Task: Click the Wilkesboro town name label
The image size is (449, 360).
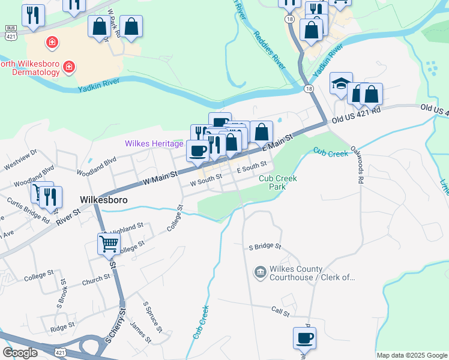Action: click(103, 199)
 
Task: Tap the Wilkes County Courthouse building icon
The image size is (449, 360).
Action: click(260, 273)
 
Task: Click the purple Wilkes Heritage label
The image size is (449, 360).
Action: click(154, 143)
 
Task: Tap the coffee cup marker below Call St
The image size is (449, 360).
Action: click(304, 338)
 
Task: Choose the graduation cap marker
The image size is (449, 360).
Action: click(341, 84)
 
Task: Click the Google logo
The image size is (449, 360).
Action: click(20, 353)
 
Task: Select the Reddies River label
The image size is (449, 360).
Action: click(269, 50)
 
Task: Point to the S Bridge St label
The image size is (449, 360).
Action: click(265, 247)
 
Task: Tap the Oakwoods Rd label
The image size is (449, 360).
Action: click(357, 164)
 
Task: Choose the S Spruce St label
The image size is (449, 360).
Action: click(152, 317)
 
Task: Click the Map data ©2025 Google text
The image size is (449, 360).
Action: click(412, 355)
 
